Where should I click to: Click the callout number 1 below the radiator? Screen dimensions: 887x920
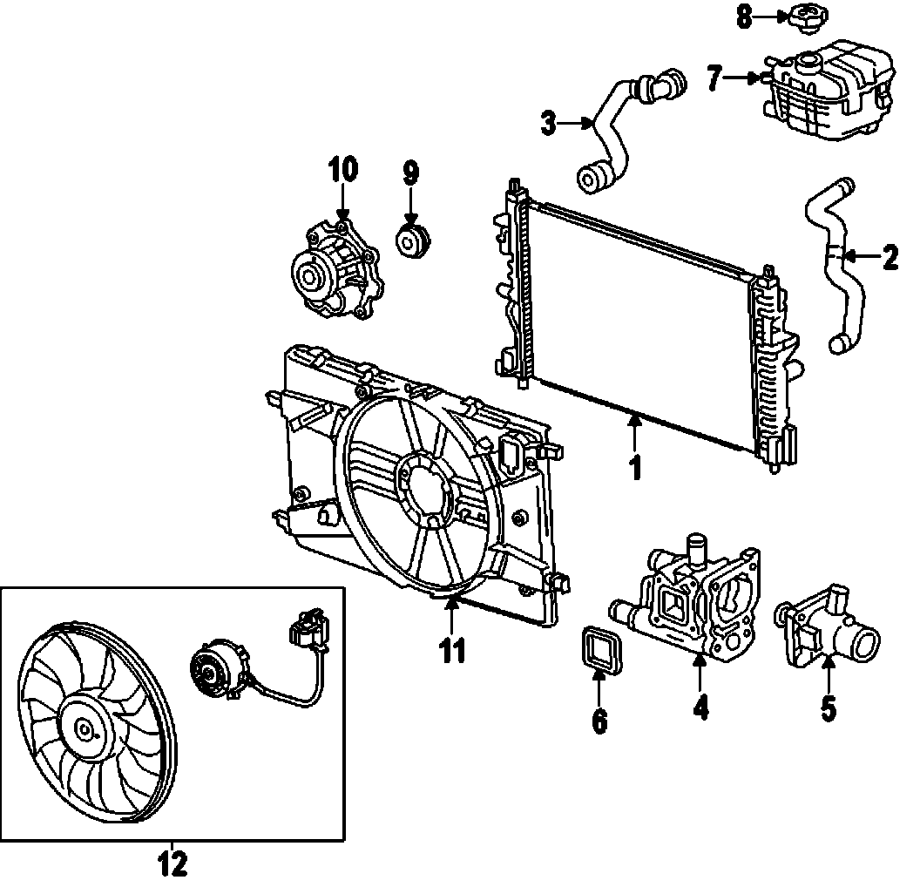click(x=636, y=466)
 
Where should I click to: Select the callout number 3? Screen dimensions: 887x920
click(x=548, y=124)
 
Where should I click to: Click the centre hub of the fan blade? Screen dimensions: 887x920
click(x=85, y=731)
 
